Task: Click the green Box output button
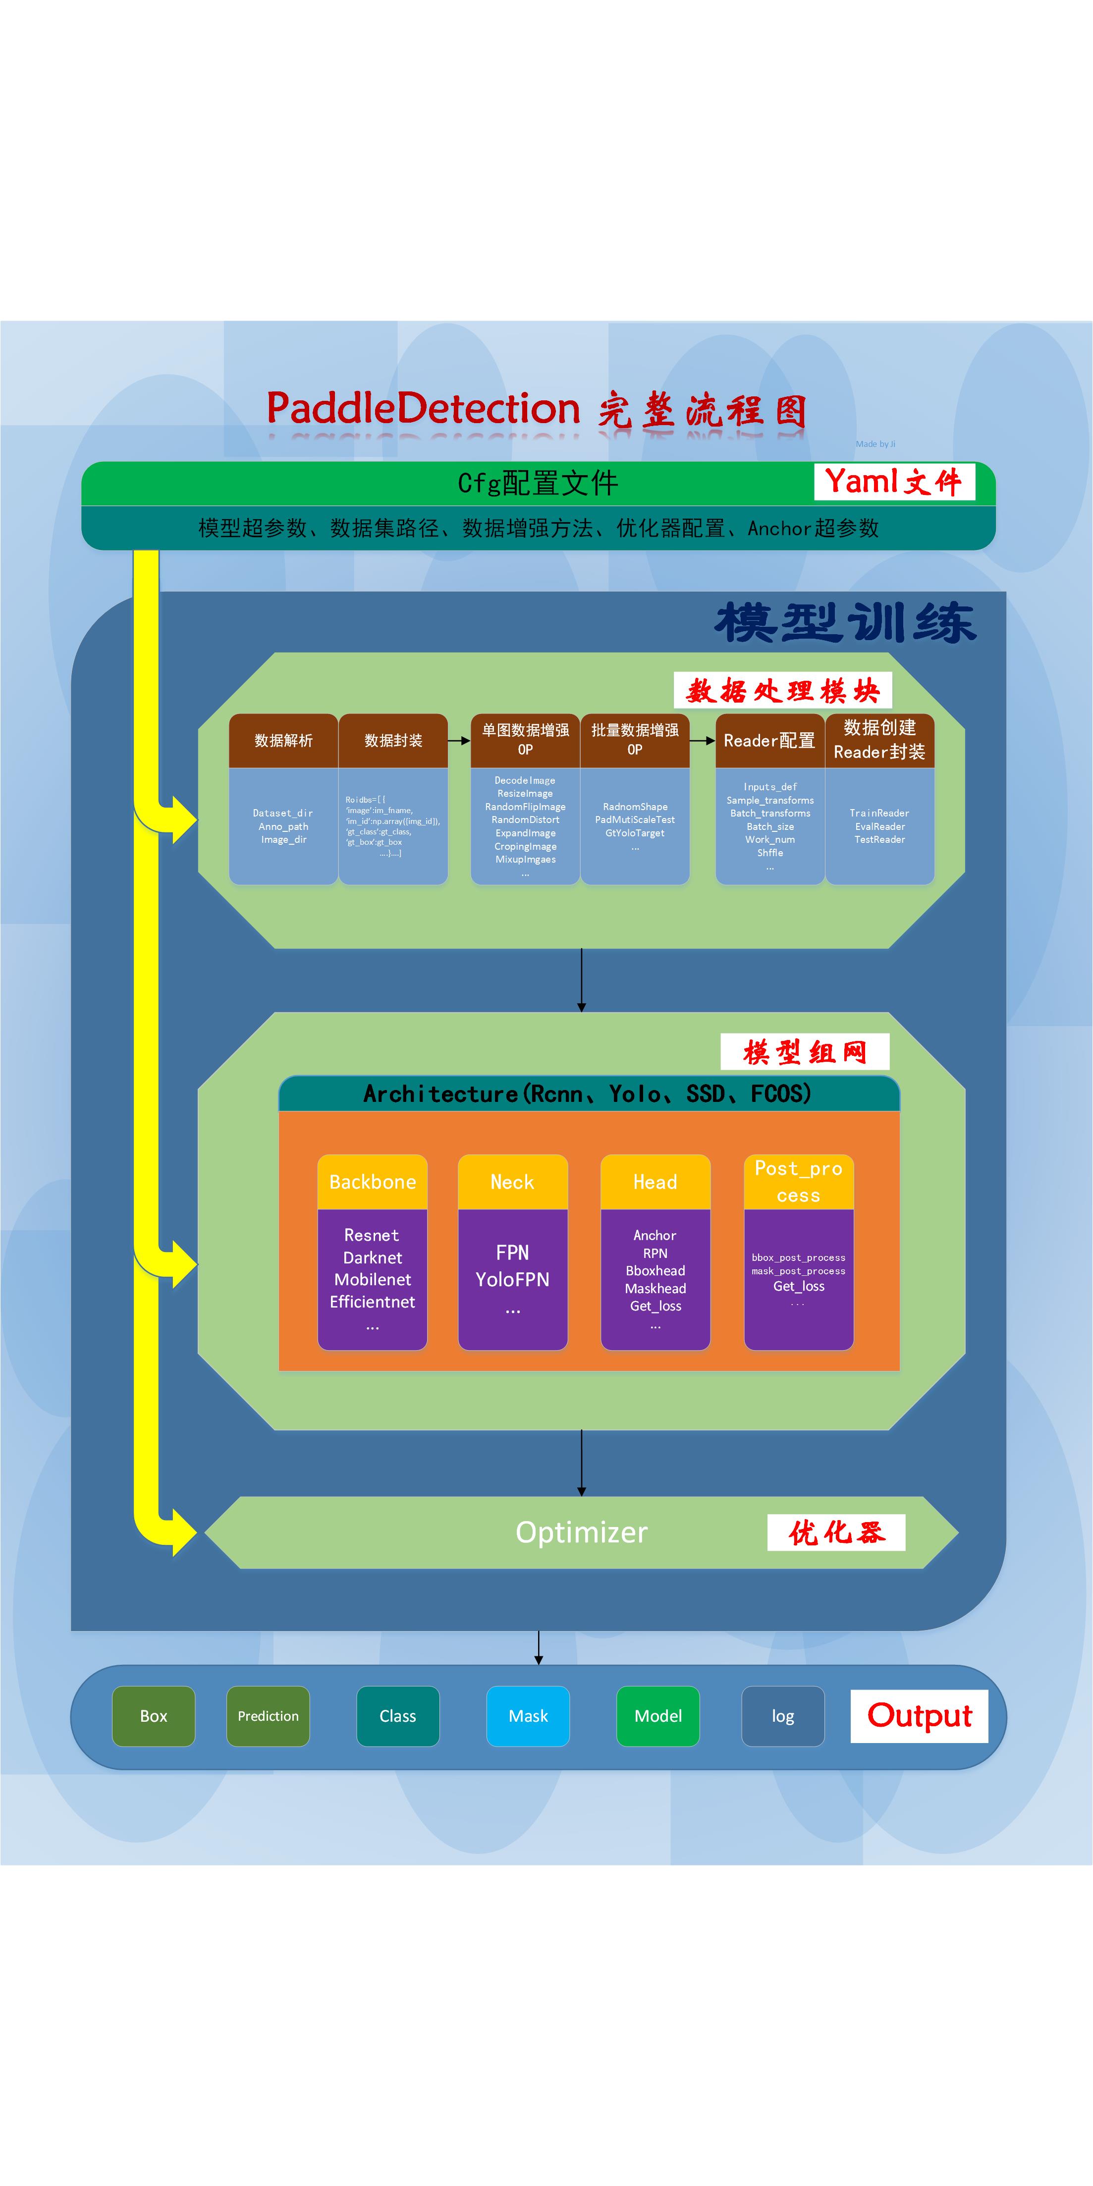point(154,1716)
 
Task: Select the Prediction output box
point(268,1716)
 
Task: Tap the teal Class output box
point(398,1716)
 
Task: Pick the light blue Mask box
point(528,1716)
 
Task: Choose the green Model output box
point(657,1716)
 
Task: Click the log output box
point(782,1716)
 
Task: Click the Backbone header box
point(373,1181)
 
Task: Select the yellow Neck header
point(512,1181)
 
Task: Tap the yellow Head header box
point(655,1181)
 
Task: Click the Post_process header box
point(799,1181)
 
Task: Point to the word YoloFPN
point(512,1279)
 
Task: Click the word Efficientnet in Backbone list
point(373,1301)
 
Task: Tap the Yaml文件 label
point(894,482)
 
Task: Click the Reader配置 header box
point(769,741)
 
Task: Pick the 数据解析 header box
point(283,741)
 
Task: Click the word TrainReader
point(879,813)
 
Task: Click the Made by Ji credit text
point(875,444)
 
